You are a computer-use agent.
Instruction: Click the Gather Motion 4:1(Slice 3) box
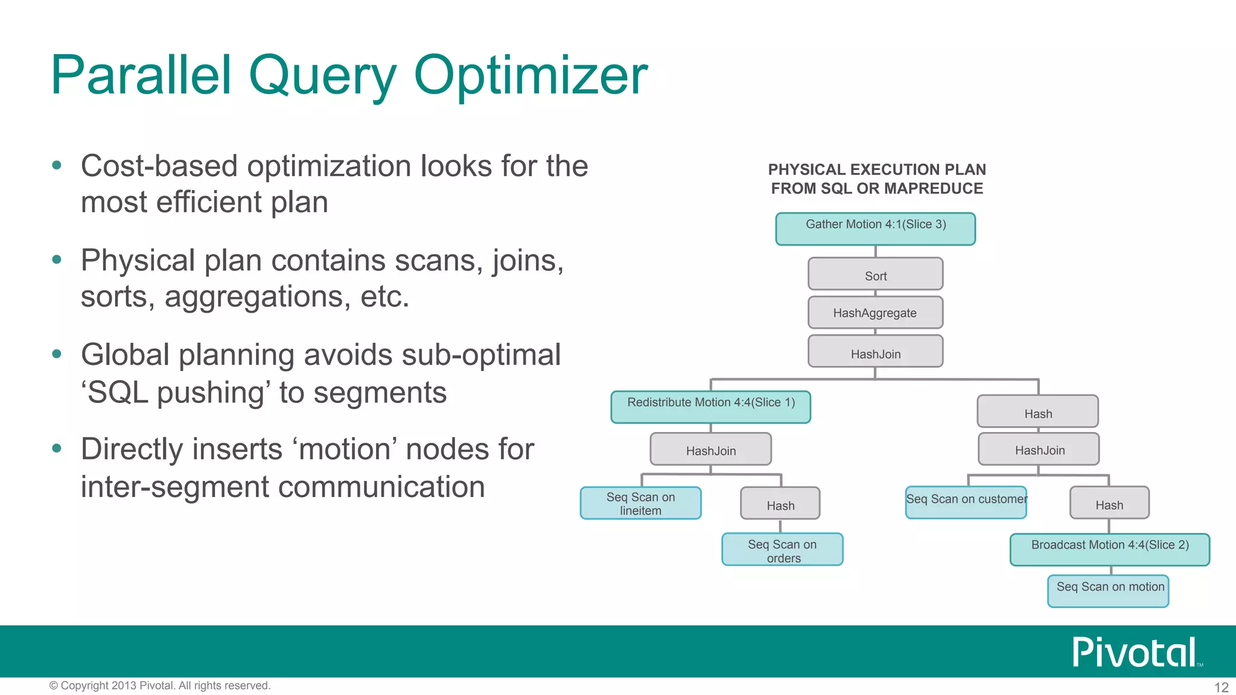click(x=875, y=229)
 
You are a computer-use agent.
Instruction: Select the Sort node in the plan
click(x=875, y=275)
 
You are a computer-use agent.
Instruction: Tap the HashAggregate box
click(x=875, y=313)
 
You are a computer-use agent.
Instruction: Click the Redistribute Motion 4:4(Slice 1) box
click(x=710, y=407)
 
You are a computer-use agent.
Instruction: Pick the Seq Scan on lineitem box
click(x=640, y=503)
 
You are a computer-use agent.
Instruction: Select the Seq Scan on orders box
click(x=782, y=550)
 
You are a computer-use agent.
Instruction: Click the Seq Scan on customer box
click(x=966, y=502)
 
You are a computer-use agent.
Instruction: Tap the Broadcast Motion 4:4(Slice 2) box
click(x=1109, y=550)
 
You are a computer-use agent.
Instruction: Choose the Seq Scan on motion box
click(x=1108, y=591)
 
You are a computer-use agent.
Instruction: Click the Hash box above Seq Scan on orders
click(x=780, y=504)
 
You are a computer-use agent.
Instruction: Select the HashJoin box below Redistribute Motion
click(x=710, y=449)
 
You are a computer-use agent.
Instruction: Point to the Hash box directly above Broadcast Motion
click(x=1109, y=503)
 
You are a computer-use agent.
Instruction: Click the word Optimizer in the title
click(x=530, y=76)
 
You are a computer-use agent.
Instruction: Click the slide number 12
click(x=1221, y=687)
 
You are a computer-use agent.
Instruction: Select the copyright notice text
click(x=160, y=686)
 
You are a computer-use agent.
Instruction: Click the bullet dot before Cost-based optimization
click(x=57, y=165)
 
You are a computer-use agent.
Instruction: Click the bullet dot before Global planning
click(x=57, y=354)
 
